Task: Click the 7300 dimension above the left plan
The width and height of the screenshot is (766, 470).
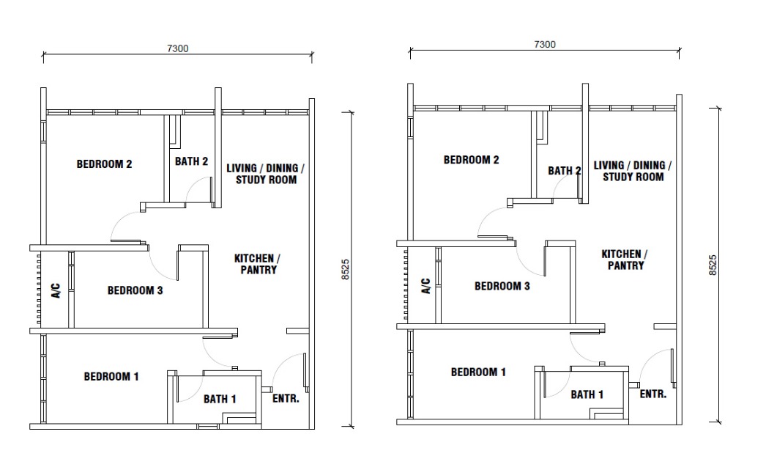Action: pyautogui.click(x=178, y=48)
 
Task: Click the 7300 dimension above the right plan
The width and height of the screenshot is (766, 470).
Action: pyautogui.click(x=545, y=44)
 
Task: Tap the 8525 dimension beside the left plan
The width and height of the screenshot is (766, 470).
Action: pyautogui.click(x=346, y=270)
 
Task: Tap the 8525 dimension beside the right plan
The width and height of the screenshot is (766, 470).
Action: pyautogui.click(x=713, y=265)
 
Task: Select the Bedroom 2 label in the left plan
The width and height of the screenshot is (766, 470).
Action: pyautogui.click(x=104, y=164)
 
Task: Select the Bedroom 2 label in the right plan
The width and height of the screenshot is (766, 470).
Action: pyautogui.click(x=472, y=159)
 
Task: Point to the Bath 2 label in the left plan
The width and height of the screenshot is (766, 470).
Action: pyautogui.click(x=192, y=161)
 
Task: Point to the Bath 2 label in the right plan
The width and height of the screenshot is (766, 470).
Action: pyautogui.click(x=564, y=171)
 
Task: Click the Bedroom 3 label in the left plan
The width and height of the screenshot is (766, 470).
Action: pyautogui.click(x=135, y=290)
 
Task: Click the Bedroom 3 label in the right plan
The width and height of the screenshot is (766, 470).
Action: pyautogui.click(x=502, y=286)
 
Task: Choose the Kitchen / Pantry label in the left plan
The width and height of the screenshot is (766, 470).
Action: pyautogui.click(x=258, y=264)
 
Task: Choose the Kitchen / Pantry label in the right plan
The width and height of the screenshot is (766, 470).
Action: pyautogui.click(x=625, y=260)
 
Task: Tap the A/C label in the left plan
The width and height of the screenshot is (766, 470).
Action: pyautogui.click(x=56, y=290)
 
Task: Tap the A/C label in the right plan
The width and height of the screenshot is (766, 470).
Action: pyautogui.click(x=426, y=286)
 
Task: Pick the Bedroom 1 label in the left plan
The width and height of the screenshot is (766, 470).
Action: pyautogui.click(x=111, y=377)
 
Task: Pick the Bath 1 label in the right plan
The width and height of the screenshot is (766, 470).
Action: pyautogui.click(x=587, y=394)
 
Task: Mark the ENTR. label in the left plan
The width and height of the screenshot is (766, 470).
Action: pyautogui.click(x=286, y=399)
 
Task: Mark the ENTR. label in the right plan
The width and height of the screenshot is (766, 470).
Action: pyautogui.click(x=653, y=394)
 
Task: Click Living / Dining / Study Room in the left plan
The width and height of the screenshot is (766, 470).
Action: pyautogui.click(x=266, y=174)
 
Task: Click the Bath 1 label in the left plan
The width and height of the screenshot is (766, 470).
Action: pyautogui.click(x=220, y=399)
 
